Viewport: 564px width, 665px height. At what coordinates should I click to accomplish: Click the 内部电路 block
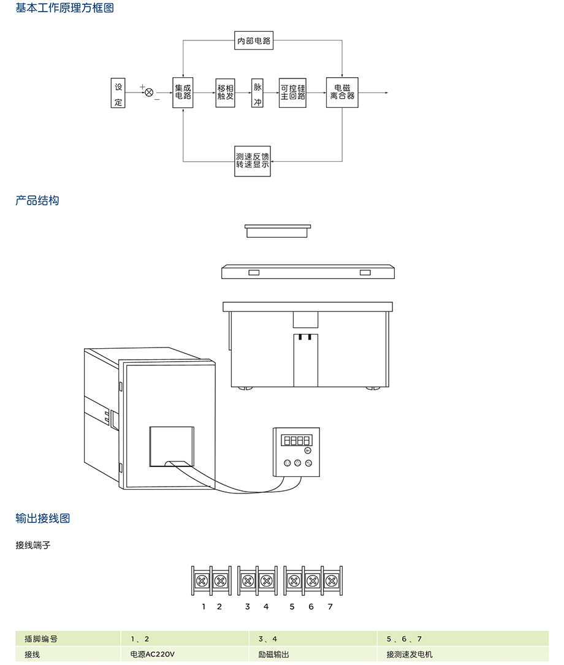click(254, 41)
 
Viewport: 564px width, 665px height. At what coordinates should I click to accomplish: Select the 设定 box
click(118, 93)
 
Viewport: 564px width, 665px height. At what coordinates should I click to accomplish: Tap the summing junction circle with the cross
click(149, 93)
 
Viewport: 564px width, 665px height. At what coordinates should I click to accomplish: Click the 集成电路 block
click(183, 93)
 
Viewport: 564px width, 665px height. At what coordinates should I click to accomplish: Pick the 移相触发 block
click(225, 93)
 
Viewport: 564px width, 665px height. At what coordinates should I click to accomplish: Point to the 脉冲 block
click(257, 93)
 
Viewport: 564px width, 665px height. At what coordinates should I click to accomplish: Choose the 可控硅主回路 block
click(292, 93)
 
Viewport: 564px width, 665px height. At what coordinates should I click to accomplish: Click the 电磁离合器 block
click(342, 93)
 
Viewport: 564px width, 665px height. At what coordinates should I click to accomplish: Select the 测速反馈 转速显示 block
click(253, 161)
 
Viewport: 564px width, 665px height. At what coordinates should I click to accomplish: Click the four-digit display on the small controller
click(295, 440)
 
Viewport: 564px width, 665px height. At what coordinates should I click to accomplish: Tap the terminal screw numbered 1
click(202, 580)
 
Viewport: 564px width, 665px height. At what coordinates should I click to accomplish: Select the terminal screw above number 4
click(266, 580)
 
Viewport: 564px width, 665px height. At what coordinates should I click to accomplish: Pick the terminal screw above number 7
click(330, 580)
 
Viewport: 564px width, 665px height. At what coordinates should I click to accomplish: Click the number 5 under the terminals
click(292, 607)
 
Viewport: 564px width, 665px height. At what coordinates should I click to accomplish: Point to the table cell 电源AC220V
click(153, 655)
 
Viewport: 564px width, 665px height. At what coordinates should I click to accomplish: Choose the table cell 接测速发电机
click(410, 655)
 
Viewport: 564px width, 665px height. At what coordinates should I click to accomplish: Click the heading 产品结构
click(37, 200)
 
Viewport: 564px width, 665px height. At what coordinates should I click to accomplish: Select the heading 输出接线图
click(43, 519)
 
